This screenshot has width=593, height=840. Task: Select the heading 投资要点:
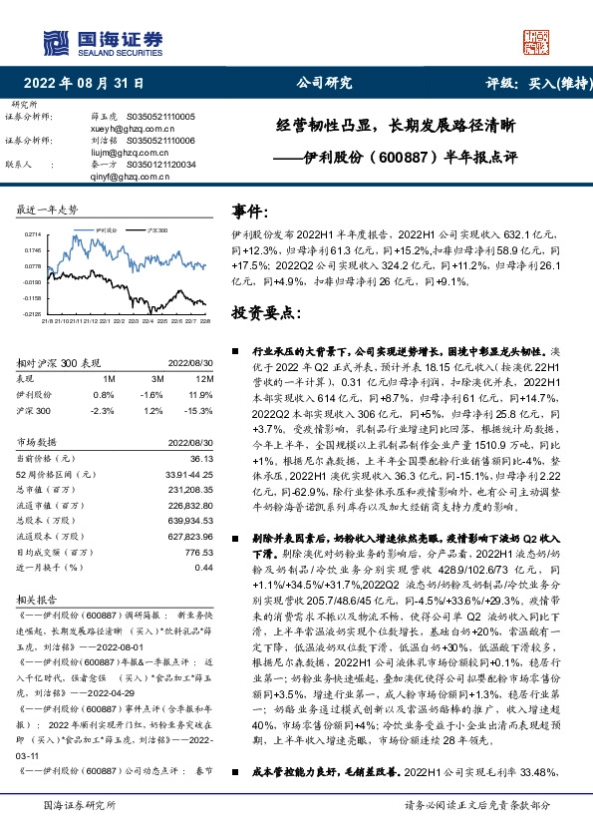pos(264,312)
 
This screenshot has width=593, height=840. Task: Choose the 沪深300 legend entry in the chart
pos(157,228)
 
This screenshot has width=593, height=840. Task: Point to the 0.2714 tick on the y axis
pos(31,233)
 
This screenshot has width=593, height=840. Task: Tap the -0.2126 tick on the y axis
pos(31,314)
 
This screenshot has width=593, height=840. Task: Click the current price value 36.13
pos(202,458)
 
